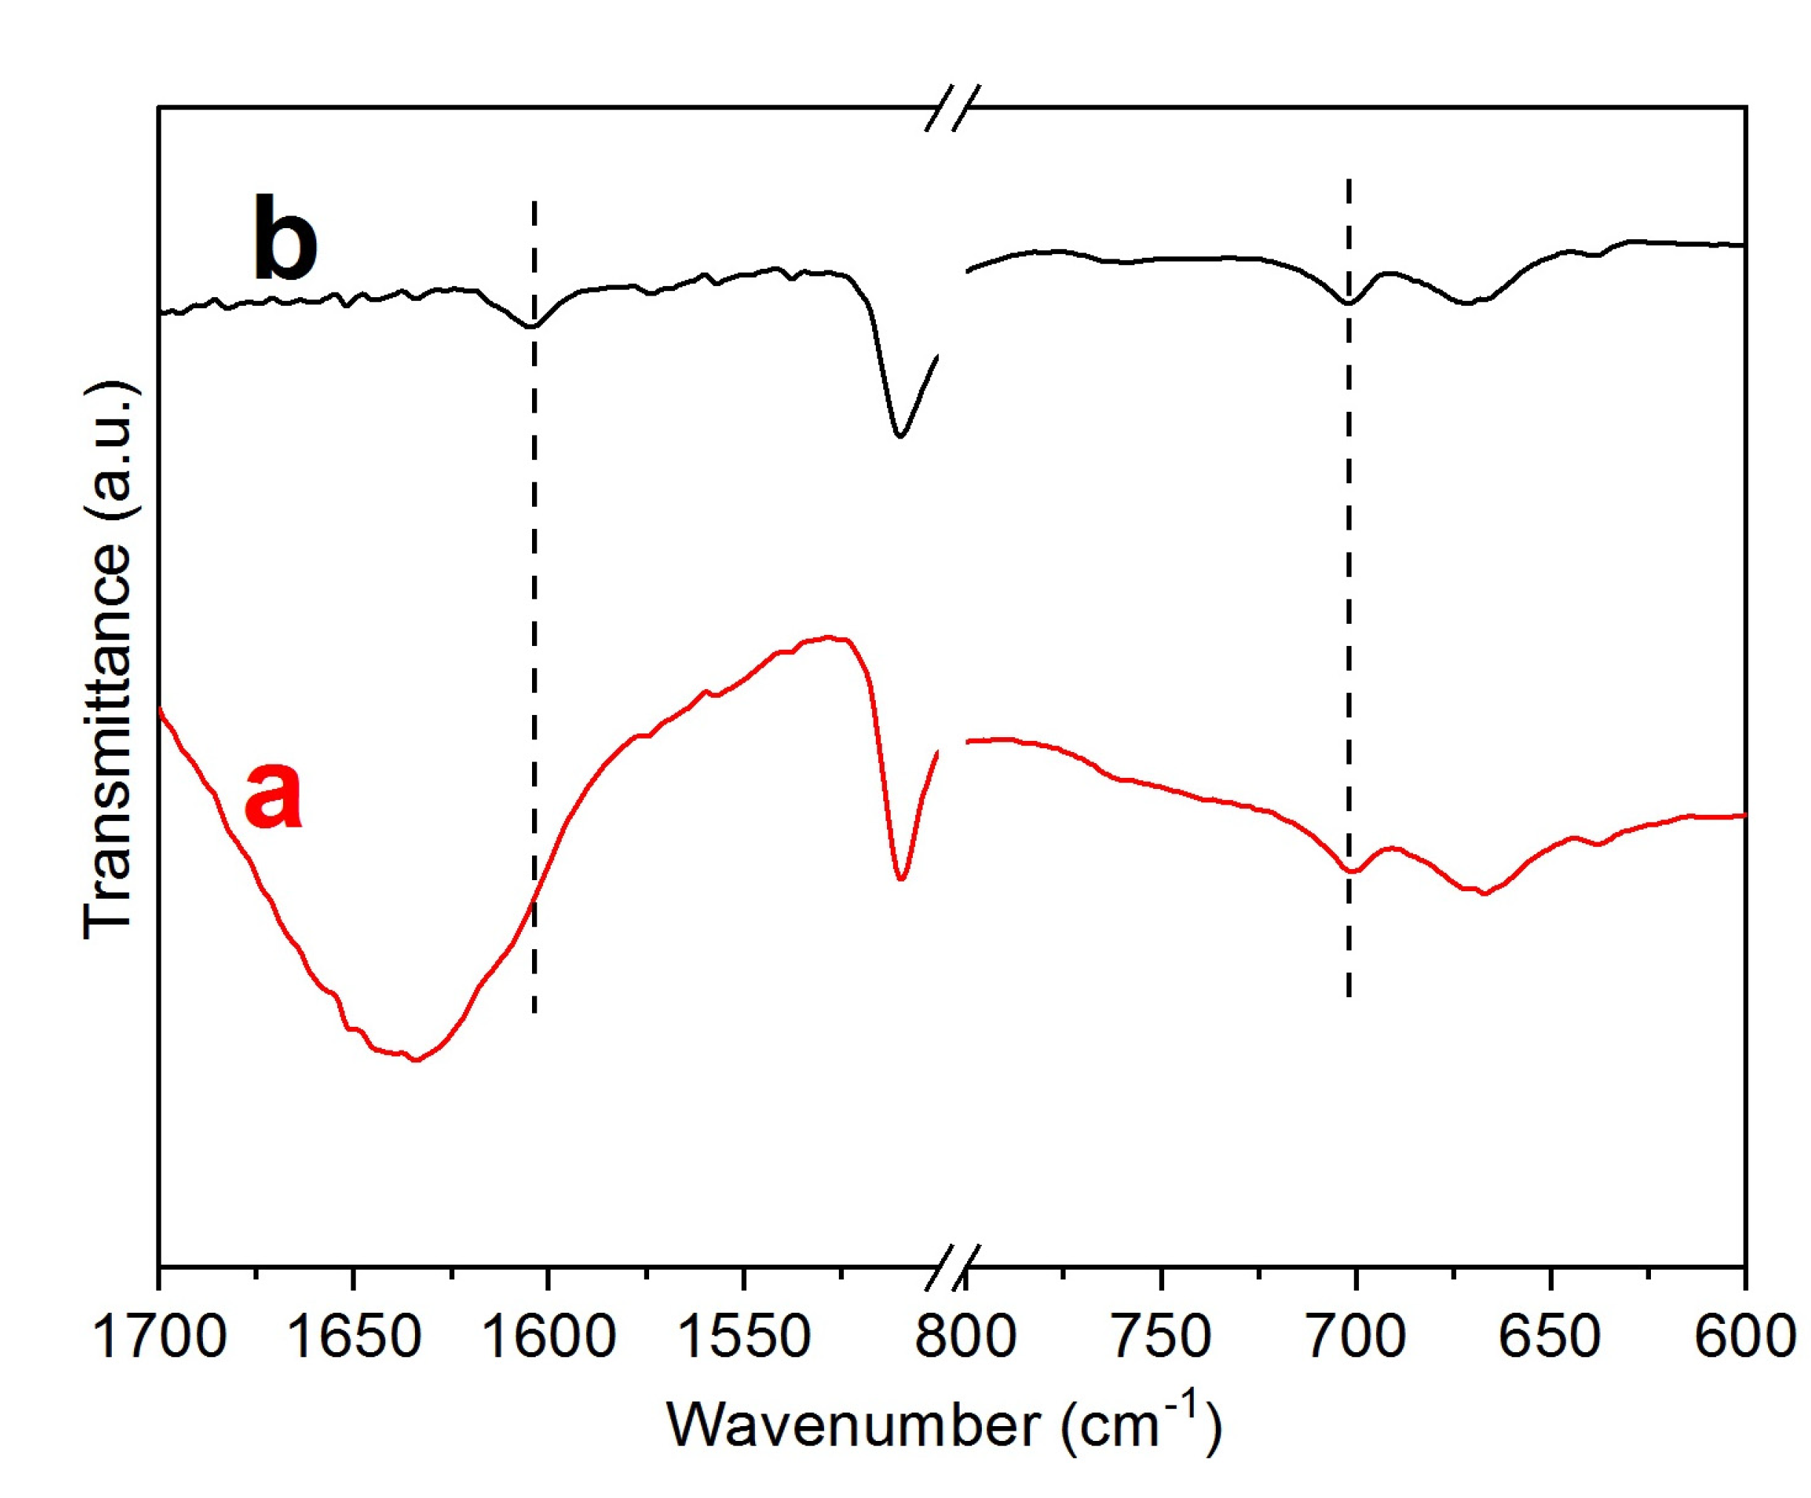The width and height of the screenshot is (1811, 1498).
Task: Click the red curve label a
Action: (273, 795)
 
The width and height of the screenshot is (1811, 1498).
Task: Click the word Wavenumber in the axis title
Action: (853, 1425)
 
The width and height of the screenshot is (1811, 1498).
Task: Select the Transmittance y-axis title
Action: (110, 660)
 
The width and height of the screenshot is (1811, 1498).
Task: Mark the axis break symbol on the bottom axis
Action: (952, 1268)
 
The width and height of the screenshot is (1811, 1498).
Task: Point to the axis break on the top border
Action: (952, 108)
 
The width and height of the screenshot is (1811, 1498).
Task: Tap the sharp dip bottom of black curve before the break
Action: (900, 436)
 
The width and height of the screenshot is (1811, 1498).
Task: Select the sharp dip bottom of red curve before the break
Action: (901, 879)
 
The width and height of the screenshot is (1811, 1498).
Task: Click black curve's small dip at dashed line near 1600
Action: (533, 326)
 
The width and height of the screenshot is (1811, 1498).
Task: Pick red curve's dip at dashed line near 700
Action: (1351, 871)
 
